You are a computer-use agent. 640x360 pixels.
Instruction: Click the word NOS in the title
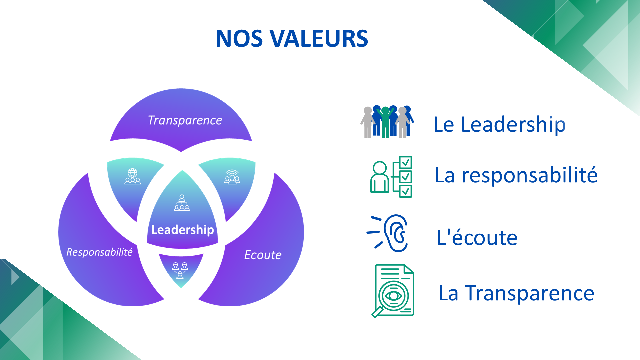(239, 39)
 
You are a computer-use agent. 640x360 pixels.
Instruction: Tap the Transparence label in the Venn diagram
(185, 120)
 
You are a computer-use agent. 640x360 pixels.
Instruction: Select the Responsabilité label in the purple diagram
(99, 252)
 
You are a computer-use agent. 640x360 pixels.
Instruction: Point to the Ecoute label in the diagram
(263, 255)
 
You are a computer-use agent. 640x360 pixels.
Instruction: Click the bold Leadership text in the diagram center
(182, 230)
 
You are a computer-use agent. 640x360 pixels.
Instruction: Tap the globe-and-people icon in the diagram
(132, 176)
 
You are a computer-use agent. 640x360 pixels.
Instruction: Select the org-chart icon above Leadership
(182, 203)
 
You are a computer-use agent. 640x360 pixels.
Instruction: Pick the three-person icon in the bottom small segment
(180, 270)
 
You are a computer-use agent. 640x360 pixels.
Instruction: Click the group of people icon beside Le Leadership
(387, 122)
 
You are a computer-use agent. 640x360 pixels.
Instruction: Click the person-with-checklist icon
(391, 177)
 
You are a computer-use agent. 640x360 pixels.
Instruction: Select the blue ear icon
(396, 233)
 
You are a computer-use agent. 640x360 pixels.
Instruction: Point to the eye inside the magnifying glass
(394, 296)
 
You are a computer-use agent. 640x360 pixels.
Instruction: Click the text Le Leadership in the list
(499, 124)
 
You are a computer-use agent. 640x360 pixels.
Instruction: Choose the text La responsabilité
(516, 175)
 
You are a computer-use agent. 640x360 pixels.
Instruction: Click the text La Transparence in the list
(516, 293)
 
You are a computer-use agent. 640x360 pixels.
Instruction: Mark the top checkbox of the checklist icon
(405, 162)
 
